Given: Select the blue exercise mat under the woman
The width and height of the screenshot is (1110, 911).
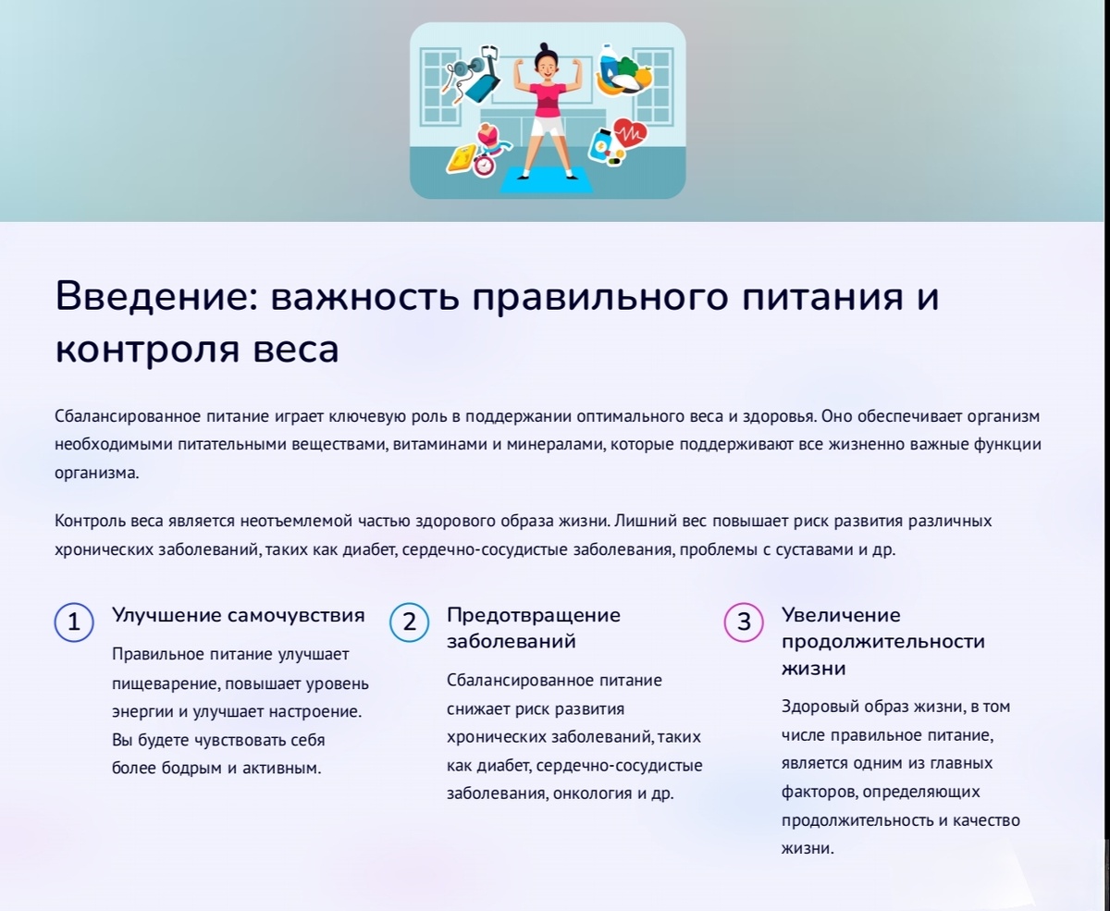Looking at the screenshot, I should point(546,180).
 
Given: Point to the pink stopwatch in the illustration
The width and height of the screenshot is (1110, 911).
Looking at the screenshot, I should point(484,165).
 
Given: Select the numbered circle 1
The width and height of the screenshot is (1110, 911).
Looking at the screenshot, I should point(74,622).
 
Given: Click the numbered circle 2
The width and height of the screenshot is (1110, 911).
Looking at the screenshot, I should point(409,622).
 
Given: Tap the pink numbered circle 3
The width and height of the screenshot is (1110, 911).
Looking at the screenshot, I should point(744,622).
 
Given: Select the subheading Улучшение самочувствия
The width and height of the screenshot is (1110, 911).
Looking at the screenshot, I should point(238,615).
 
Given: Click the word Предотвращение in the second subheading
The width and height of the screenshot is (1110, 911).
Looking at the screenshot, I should point(534,615).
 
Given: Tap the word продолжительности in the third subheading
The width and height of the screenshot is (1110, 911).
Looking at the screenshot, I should point(883,641).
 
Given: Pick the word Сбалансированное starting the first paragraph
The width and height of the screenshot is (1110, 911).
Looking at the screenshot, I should point(119,416).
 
